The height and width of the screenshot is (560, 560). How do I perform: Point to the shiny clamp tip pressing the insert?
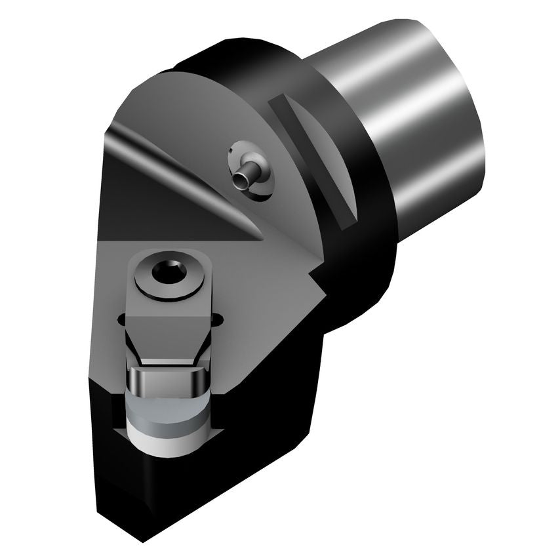point(168,379)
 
